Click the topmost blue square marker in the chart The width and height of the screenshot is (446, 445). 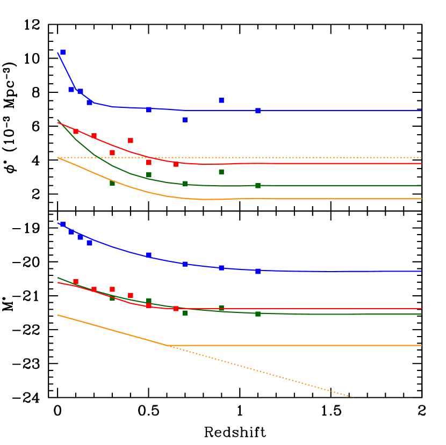62,52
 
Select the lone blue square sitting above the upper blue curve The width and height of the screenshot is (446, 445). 221,100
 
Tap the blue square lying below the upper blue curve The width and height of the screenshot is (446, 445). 185,120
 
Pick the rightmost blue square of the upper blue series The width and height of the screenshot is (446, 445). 258,111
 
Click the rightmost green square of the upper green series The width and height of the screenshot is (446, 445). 258,186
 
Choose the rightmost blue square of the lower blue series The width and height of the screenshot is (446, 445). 258,272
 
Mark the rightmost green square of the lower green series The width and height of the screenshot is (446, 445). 258,314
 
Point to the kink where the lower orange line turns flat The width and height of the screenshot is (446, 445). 167,345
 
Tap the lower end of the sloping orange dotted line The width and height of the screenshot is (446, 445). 352,397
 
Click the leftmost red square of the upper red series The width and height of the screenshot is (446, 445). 76,132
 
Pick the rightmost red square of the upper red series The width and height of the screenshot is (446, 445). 176,164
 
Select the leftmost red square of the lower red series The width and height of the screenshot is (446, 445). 76,281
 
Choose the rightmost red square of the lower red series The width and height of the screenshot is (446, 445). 176,309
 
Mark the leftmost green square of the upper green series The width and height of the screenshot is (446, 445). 112,183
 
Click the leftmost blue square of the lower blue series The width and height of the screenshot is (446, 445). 62,224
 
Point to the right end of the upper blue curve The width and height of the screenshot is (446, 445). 421,111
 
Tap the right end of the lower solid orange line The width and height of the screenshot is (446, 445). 421,345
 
